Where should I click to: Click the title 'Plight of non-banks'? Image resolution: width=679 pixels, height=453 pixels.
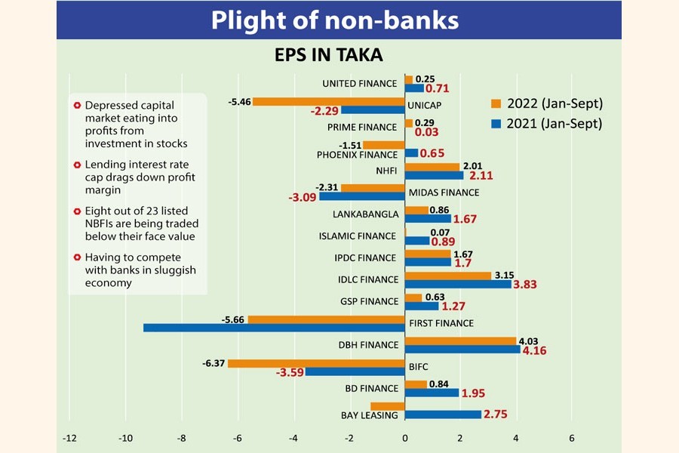pos(334,20)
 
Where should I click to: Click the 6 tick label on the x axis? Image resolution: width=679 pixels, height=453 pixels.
pos(572,437)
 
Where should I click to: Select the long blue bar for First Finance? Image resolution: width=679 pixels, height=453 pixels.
pos(274,328)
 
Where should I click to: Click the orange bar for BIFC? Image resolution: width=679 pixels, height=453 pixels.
pos(316,363)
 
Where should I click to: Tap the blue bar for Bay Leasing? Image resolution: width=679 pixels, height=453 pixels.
pos(443,414)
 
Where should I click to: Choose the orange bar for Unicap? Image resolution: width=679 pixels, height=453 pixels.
pos(329,101)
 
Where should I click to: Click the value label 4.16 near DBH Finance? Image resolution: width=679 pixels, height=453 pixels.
pos(536,350)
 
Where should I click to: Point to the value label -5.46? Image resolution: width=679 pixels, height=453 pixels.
pos(239,100)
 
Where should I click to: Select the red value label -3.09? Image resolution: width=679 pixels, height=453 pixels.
pos(301,198)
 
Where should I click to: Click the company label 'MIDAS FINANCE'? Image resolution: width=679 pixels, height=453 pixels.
pos(440,193)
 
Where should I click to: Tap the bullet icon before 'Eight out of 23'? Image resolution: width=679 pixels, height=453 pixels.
pos(77,212)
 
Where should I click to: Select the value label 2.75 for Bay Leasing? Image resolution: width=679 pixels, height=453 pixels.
pos(497,414)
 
